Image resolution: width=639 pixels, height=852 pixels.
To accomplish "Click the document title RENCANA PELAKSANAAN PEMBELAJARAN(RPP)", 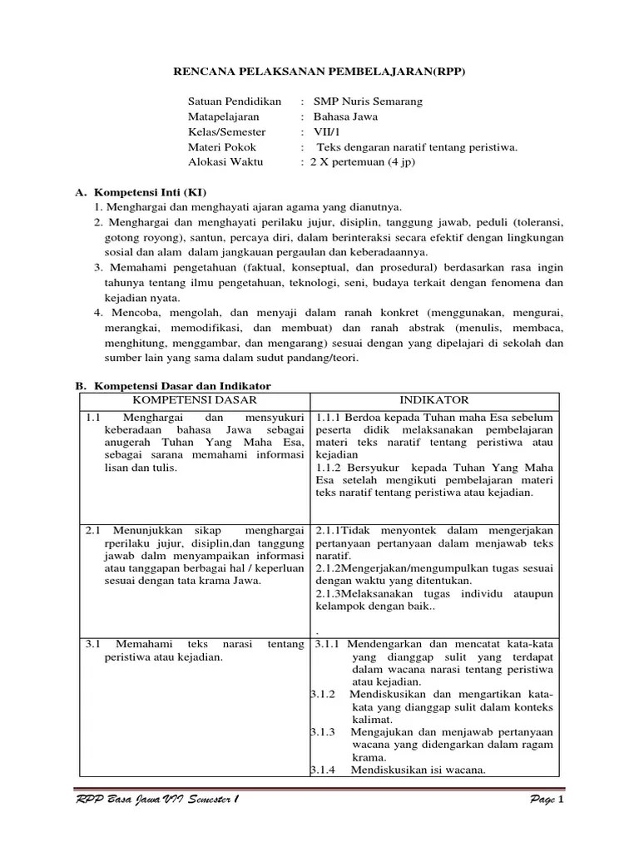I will tap(319, 72).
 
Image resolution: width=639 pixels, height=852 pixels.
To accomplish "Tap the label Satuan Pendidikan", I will tap(235, 102).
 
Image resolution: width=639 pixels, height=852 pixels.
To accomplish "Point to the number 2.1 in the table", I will tap(93, 530).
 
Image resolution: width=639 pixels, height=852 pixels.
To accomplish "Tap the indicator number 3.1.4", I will tap(323, 770).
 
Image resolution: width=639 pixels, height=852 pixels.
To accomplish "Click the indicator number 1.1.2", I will tap(329, 468).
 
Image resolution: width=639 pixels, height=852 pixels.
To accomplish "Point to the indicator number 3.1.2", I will tap(323, 694).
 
